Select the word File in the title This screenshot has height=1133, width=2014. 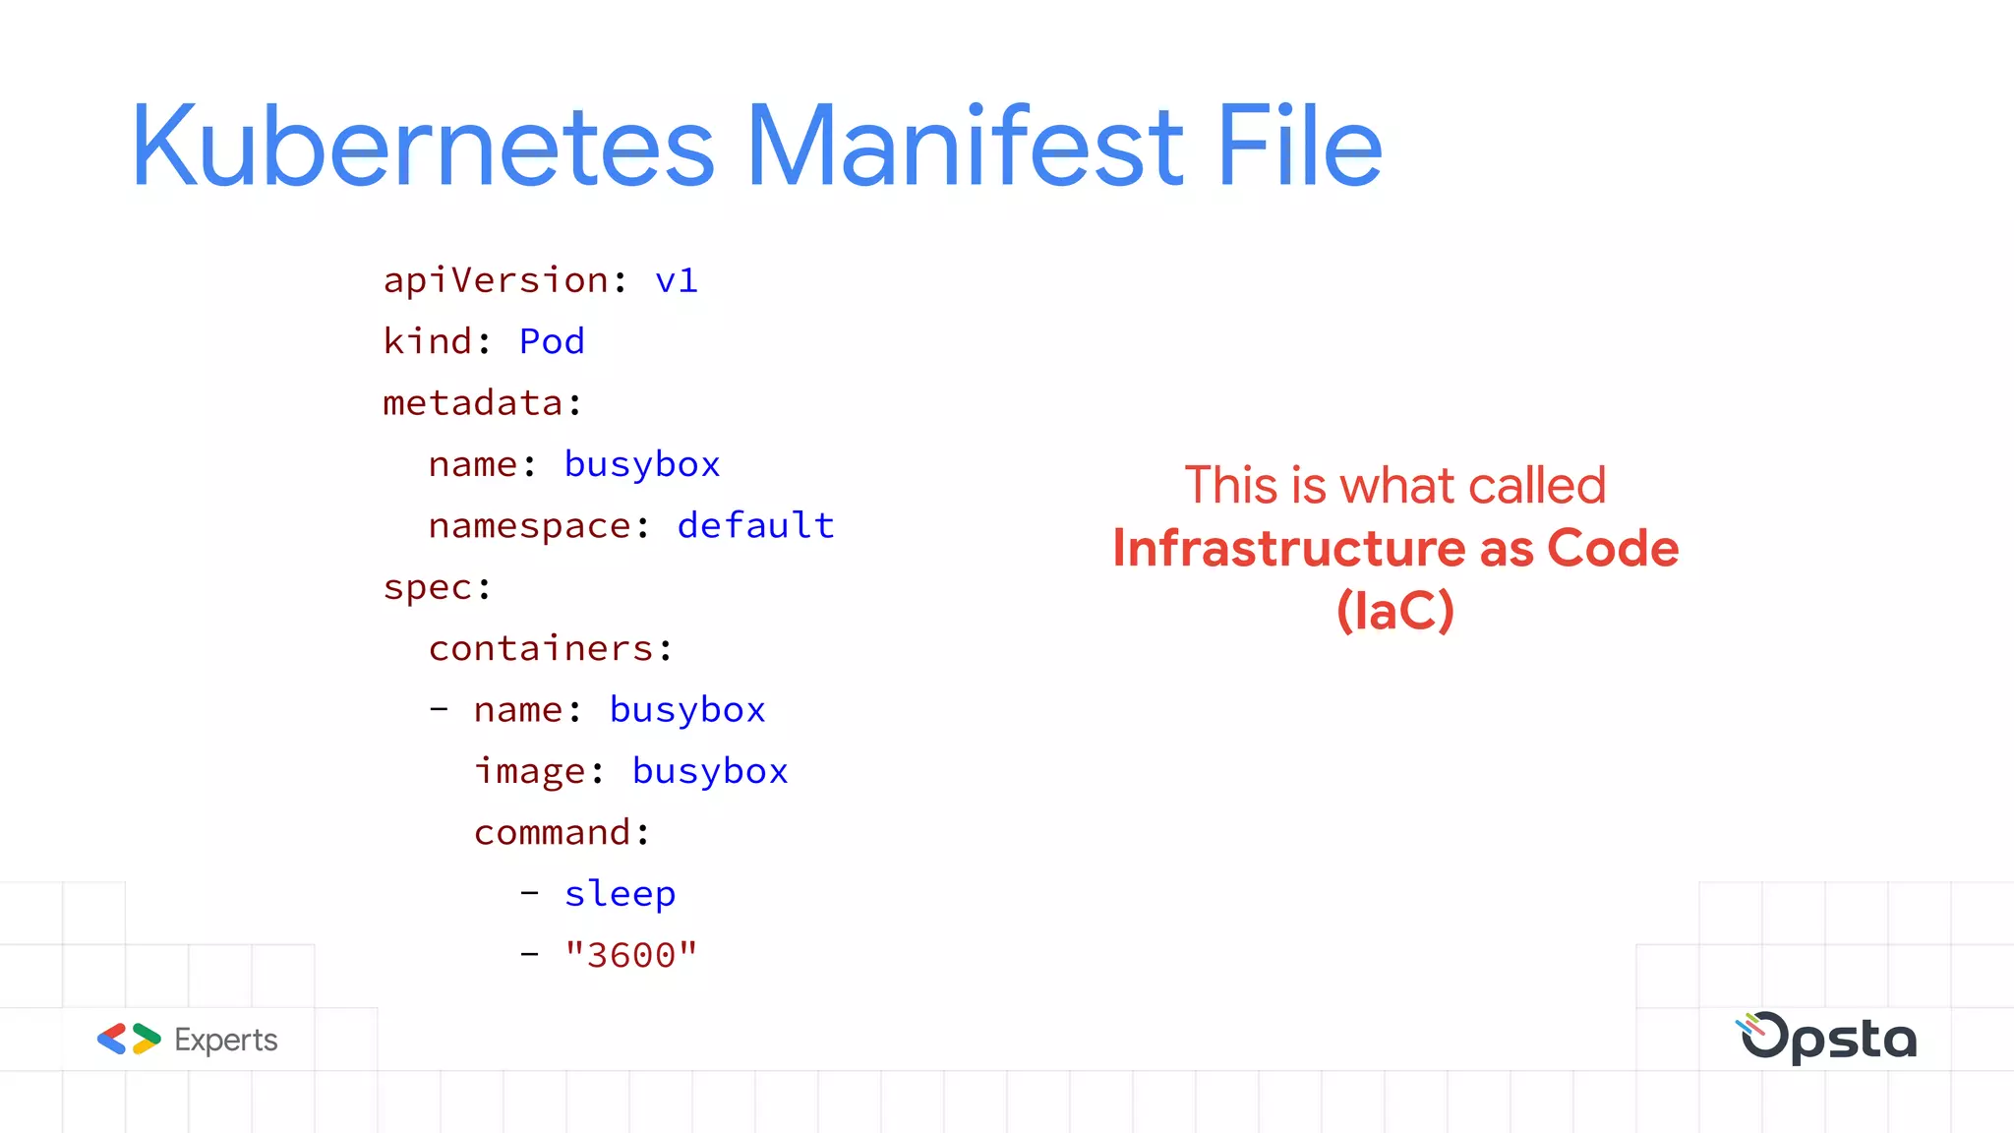[x=1300, y=148]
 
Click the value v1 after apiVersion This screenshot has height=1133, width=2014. [x=677, y=281]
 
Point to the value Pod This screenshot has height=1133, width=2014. [x=552, y=342]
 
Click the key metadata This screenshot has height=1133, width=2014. [x=473, y=403]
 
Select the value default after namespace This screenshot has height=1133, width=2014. [x=755, y=526]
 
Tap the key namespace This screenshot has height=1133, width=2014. [x=529, y=526]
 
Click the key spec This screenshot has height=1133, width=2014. [x=428, y=588]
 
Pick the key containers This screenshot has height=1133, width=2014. [x=541, y=649]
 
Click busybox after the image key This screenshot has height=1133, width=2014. [x=710, y=772]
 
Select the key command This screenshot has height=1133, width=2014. [x=552, y=833]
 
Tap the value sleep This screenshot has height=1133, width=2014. [x=620, y=894]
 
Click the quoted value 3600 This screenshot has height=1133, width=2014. [x=630, y=955]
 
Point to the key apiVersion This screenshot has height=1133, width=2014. [x=496, y=281]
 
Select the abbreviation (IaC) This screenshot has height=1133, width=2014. [x=1394, y=611]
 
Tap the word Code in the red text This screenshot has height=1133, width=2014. [x=1613, y=549]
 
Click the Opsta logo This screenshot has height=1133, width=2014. [x=1827, y=1038]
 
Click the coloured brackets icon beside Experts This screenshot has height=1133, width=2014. [x=129, y=1040]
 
